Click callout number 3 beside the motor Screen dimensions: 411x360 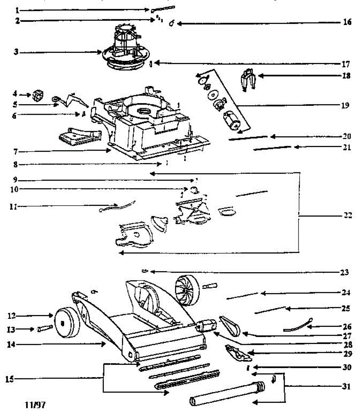[x=15, y=52]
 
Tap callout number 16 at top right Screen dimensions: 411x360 [x=347, y=22]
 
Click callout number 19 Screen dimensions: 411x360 [x=345, y=105]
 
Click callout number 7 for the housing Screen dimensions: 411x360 [x=15, y=151]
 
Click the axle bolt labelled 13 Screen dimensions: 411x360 [x=45, y=329]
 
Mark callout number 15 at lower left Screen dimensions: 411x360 [x=11, y=379]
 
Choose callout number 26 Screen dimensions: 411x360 [x=347, y=327]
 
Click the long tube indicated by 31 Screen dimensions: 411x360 [x=226, y=392]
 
